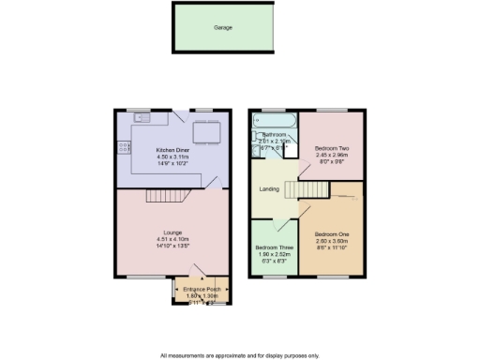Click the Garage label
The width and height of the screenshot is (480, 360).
[x=221, y=27]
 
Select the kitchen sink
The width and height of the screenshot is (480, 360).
[x=142, y=117]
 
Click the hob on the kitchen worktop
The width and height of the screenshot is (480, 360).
[x=122, y=148]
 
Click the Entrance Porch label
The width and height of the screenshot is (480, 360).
[x=202, y=289]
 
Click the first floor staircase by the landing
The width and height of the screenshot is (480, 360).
[x=317, y=190]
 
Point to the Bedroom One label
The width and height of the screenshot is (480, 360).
[x=332, y=233]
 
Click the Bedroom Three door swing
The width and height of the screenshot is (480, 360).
[x=278, y=226]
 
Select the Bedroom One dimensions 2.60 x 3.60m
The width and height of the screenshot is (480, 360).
[x=332, y=241]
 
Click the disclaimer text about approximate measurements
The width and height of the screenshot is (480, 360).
[x=239, y=355]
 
